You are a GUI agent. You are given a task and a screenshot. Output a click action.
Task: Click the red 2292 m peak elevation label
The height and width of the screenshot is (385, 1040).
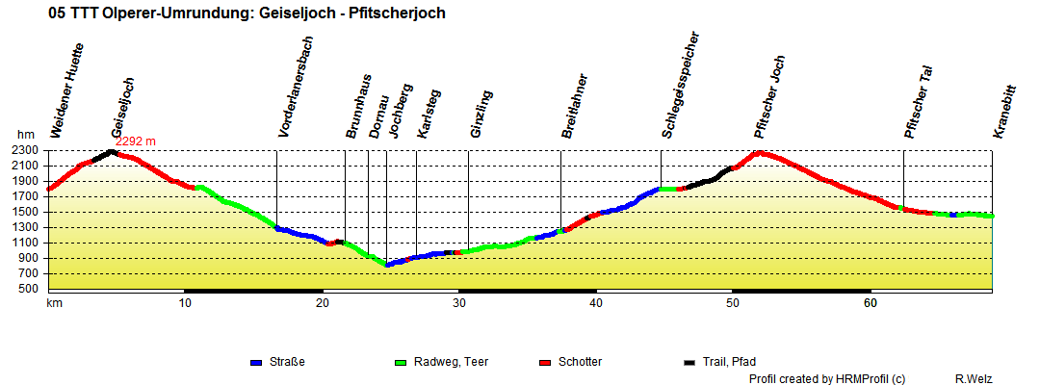click(136, 141)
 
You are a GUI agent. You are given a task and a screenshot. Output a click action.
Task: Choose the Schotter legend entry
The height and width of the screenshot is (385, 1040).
click(578, 362)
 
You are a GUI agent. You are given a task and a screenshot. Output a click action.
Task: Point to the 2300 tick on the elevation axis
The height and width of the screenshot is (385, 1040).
click(23, 150)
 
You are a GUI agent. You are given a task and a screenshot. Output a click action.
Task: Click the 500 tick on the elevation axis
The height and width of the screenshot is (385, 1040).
click(27, 288)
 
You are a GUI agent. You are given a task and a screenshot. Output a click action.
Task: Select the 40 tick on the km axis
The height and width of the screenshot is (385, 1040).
click(596, 303)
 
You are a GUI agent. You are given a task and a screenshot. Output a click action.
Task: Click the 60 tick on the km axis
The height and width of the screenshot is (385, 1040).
click(870, 303)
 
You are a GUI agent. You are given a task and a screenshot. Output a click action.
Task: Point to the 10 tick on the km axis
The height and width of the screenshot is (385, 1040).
click(186, 303)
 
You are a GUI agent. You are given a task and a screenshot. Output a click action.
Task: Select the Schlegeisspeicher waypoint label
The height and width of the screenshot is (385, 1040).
click(680, 85)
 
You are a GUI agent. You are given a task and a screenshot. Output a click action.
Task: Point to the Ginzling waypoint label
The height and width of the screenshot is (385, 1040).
click(481, 115)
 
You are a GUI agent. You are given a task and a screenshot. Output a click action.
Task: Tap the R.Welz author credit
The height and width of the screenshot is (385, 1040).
click(975, 379)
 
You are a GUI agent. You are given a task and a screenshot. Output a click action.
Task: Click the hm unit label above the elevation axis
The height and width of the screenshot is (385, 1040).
click(25, 136)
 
